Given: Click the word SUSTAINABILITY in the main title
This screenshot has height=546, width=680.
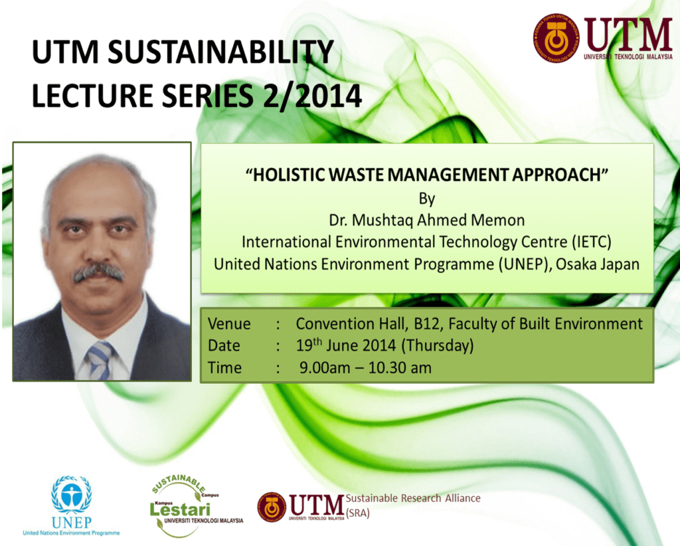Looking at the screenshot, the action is pyautogui.click(x=220, y=52).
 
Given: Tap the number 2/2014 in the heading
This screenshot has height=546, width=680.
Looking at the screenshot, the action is pyautogui.click(x=312, y=96).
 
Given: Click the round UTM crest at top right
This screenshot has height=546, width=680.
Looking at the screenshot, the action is pyautogui.click(x=556, y=38).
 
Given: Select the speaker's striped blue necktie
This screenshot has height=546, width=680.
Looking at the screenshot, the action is pyautogui.click(x=100, y=361).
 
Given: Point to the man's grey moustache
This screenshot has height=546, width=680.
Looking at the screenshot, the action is pyautogui.click(x=98, y=273).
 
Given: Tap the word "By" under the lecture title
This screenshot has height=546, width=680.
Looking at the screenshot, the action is pyautogui.click(x=427, y=199).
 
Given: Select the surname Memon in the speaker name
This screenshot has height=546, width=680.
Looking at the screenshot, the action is pyautogui.click(x=498, y=220).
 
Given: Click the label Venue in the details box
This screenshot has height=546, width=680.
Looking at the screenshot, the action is pyautogui.click(x=229, y=324).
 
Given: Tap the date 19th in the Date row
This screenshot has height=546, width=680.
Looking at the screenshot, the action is pyautogui.click(x=309, y=345).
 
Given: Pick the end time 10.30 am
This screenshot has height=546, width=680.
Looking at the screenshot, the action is pyautogui.click(x=400, y=368).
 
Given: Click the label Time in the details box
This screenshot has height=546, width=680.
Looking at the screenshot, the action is pyautogui.click(x=224, y=368).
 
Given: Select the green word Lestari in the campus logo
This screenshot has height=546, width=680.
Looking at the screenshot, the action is pyautogui.click(x=179, y=509).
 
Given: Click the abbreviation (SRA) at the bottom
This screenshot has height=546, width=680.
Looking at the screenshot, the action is pyautogui.click(x=358, y=513).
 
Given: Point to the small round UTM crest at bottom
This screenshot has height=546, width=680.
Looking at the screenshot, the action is pyautogui.click(x=272, y=507).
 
